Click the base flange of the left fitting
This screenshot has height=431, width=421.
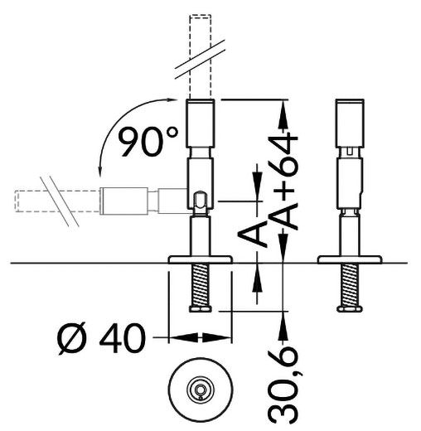click(x=200, y=260)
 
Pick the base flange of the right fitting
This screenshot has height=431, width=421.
click(x=349, y=260)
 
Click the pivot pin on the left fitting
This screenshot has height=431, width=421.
click(x=200, y=198)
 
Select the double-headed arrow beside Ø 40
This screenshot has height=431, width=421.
click(x=200, y=337)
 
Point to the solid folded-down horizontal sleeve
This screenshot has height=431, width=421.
click(x=124, y=200)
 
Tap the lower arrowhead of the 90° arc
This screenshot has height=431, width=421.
click(x=98, y=173)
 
